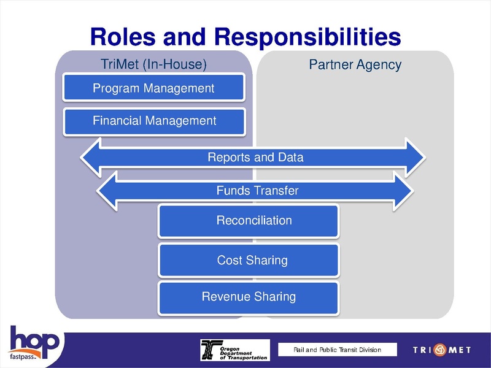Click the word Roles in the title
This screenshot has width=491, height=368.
(122, 37)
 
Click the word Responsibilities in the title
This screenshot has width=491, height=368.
(307, 37)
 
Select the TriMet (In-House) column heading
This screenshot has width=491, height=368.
(153, 64)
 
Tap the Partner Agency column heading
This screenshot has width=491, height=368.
(355, 64)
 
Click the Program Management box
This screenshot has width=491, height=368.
(154, 88)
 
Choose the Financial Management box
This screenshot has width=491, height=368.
(154, 121)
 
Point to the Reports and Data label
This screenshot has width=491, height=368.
(255, 158)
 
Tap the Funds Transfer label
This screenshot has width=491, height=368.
(257, 191)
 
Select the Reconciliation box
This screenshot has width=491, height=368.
(249, 221)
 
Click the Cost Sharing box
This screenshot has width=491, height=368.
(249, 260)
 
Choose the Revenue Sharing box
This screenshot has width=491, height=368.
(249, 297)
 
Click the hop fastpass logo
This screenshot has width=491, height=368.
(34, 347)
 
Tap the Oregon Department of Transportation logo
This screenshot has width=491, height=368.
(235, 350)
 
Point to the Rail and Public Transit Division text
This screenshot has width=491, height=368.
(337, 350)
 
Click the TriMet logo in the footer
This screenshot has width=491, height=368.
(442, 350)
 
